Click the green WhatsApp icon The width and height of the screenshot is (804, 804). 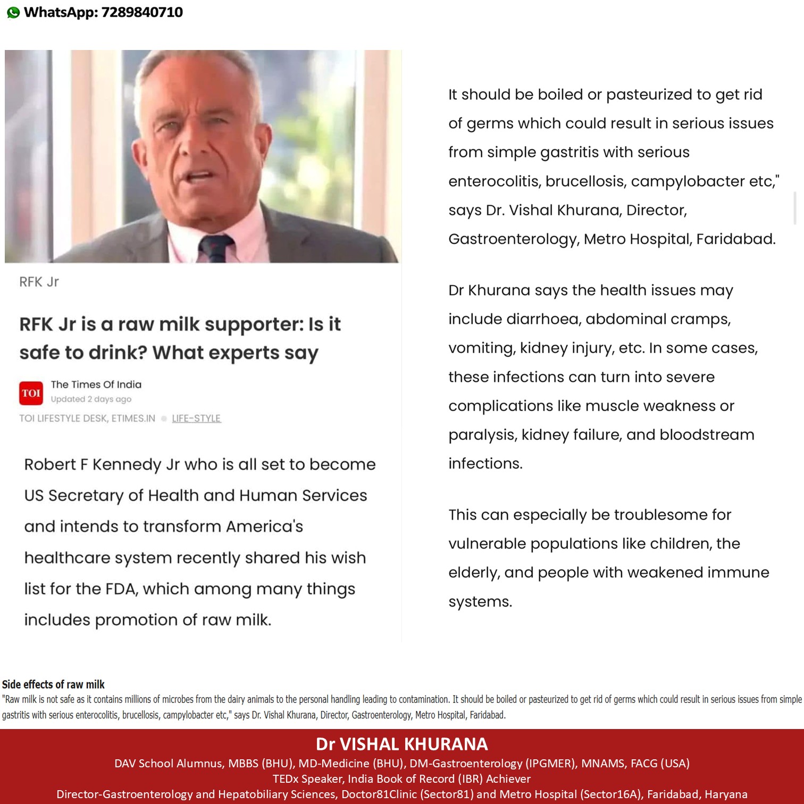pos(13,12)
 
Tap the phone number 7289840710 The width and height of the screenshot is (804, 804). pos(142,12)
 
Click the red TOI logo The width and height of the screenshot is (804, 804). pos(31,393)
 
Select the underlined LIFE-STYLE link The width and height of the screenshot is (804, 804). pos(196,418)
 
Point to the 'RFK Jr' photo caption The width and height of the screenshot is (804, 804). pos(39,282)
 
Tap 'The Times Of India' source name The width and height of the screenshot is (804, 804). pos(96,384)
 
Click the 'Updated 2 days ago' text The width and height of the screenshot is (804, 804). pos(91,399)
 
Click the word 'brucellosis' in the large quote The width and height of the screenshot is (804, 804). pos(584,181)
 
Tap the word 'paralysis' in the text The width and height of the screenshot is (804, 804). pos(482,435)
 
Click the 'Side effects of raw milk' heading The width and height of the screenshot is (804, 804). pos(53,684)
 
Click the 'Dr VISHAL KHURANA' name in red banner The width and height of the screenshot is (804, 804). pos(402,744)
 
